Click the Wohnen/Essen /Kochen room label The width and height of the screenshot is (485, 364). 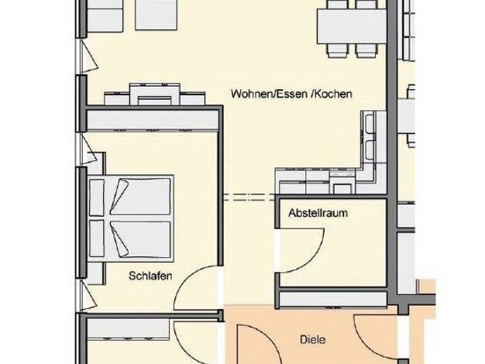pos(291,94)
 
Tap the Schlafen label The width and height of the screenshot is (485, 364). pos(150,276)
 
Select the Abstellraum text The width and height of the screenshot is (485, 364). pos(318,213)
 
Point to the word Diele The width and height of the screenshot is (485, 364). pos(313,339)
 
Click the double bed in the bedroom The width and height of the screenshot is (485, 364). pos(131,218)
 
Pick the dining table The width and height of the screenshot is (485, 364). pos(352,26)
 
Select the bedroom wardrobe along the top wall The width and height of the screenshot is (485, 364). pos(153,121)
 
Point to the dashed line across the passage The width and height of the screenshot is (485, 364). pos(249,197)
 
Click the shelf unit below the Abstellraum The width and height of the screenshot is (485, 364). pos(333,300)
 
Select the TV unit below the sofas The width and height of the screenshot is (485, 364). pos(155,94)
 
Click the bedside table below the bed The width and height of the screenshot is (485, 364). pos(96,273)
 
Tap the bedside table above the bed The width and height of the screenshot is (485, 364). pos(97,164)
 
